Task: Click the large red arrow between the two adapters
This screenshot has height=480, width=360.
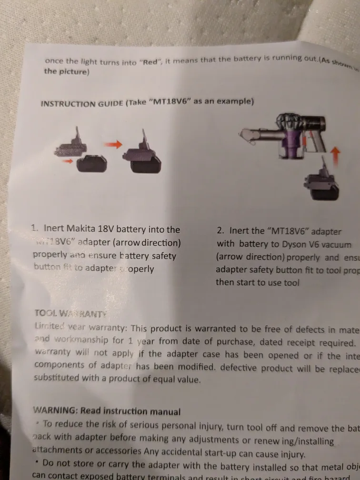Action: pyautogui.click(x=112, y=145)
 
